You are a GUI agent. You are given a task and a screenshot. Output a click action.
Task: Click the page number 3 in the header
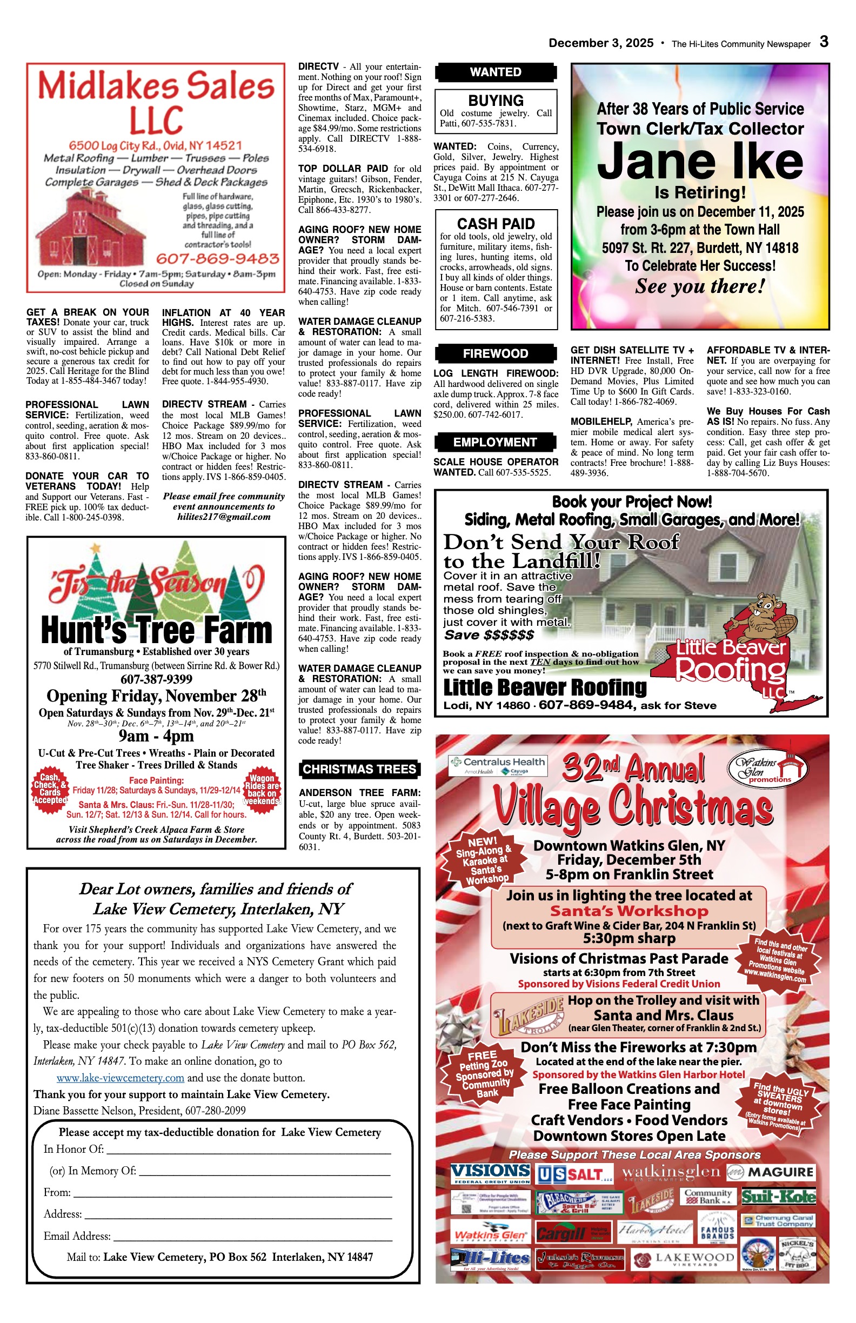point(824,42)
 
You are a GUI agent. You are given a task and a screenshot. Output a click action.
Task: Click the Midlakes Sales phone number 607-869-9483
point(217,259)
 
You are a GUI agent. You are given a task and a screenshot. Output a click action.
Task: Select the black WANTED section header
point(495,72)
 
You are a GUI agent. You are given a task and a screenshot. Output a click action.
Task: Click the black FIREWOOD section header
point(495,353)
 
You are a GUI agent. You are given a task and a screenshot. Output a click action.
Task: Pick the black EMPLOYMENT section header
point(494,443)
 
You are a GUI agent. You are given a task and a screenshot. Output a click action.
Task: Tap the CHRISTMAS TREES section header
point(359,770)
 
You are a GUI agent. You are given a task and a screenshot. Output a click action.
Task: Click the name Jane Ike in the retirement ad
point(700,161)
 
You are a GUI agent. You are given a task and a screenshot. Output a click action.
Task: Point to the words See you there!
point(700,286)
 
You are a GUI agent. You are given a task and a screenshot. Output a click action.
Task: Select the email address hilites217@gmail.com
point(224,517)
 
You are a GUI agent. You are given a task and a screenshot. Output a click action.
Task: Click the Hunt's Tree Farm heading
point(156,630)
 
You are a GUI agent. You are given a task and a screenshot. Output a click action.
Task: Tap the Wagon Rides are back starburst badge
point(262,790)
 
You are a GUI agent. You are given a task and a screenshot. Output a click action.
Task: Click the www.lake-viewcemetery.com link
point(120,1078)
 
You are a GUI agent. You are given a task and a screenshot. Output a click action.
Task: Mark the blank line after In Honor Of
point(249,1150)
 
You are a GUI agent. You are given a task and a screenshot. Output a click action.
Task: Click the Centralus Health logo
point(498,765)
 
